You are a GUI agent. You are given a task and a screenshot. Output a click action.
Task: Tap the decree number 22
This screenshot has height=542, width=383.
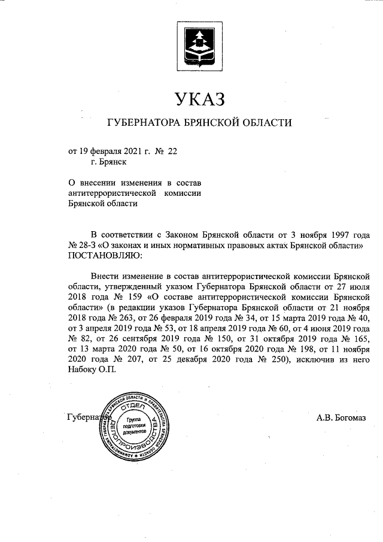172,152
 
